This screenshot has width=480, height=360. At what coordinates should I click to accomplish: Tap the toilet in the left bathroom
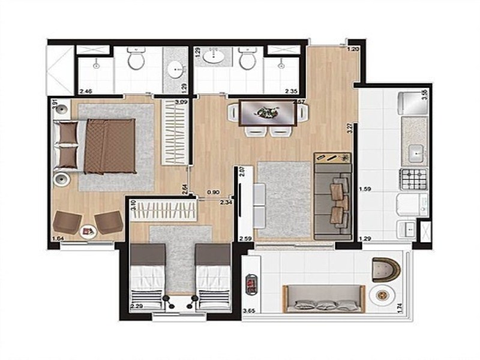coord(136,59)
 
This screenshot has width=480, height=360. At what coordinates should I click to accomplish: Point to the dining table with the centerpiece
coord(267,112)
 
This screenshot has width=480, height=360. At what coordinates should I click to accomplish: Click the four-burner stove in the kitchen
coord(413,177)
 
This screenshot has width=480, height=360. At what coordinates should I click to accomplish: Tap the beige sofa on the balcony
coord(324,298)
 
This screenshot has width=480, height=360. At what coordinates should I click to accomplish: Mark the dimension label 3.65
coord(249,311)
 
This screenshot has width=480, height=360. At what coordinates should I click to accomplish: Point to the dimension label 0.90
coord(212,193)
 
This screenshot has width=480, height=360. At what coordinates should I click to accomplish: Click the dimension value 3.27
coord(350,128)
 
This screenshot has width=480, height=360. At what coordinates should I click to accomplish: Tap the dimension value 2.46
coord(86,91)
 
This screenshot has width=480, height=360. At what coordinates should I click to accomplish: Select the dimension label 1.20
coord(353,49)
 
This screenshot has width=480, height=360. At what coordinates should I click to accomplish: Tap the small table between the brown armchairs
coord(88,230)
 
